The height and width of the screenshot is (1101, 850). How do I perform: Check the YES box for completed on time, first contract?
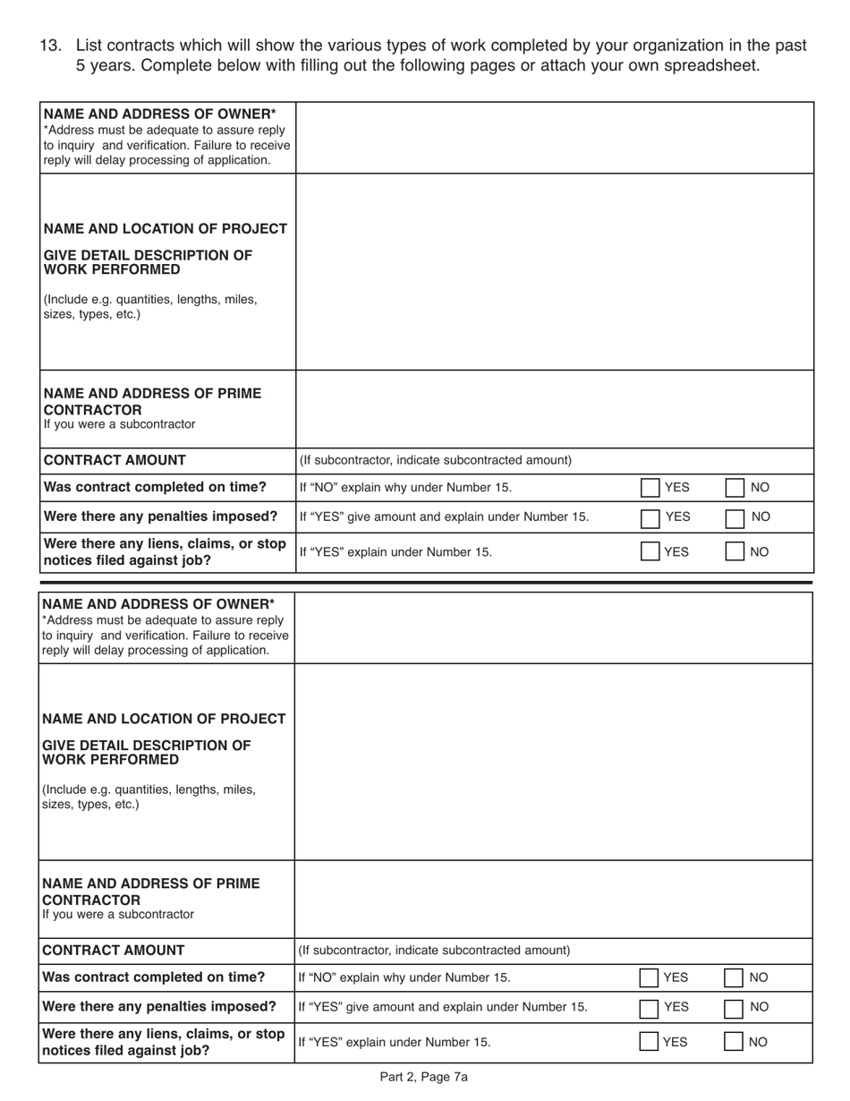pyautogui.click(x=650, y=488)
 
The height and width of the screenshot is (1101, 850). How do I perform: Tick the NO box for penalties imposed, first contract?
pyautogui.click(x=734, y=516)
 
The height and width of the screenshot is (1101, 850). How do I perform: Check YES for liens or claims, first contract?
pyautogui.click(x=650, y=552)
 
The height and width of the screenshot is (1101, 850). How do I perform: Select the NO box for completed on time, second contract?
pyautogui.click(x=733, y=977)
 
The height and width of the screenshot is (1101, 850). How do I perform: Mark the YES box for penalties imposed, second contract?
pyautogui.click(x=650, y=1007)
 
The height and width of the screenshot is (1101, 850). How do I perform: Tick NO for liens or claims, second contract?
pyautogui.click(x=733, y=1042)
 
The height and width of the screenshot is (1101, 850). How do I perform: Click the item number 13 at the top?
pyautogui.click(x=50, y=46)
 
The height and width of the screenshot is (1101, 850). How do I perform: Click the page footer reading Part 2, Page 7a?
pyautogui.click(x=424, y=1078)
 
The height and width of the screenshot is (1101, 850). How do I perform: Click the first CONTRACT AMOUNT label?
pyautogui.click(x=115, y=460)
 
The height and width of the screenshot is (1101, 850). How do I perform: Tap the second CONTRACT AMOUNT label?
pyautogui.click(x=114, y=951)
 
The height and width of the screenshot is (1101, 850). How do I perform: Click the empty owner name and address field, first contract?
pyautogui.click(x=554, y=138)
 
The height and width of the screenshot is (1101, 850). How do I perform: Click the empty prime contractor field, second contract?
pyautogui.click(x=553, y=899)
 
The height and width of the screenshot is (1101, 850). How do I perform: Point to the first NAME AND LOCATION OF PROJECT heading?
pyautogui.click(x=166, y=229)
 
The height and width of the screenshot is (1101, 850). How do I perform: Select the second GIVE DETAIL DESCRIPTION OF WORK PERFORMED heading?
pyautogui.click(x=147, y=752)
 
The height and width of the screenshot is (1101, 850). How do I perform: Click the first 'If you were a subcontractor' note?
pyautogui.click(x=119, y=424)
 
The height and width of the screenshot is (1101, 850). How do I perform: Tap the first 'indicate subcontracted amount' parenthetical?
pyautogui.click(x=436, y=460)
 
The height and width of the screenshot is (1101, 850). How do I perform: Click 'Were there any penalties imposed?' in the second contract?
pyautogui.click(x=159, y=1006)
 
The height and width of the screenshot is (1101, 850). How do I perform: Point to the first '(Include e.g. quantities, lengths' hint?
pyautogui.click(x=150, y=300)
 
